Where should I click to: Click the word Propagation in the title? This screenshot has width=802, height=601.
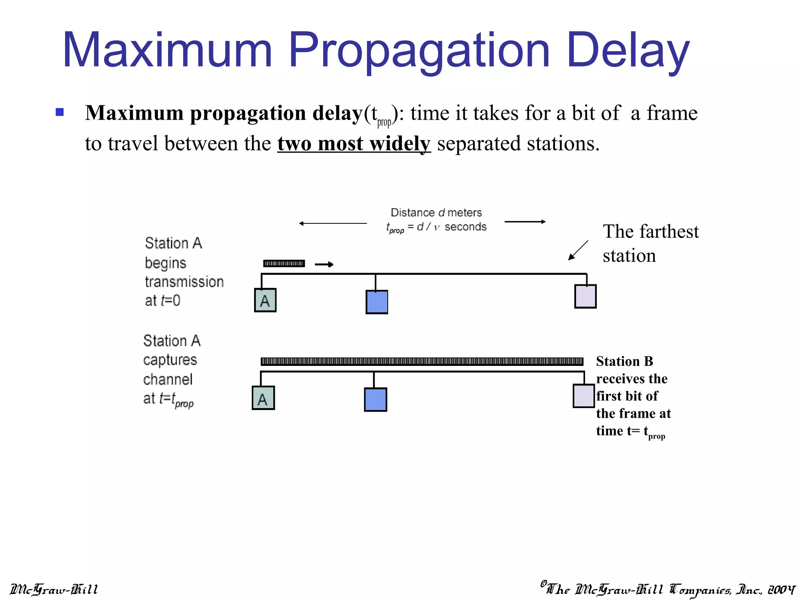(419, 51)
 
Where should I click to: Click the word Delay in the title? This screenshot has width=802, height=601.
(628, 51)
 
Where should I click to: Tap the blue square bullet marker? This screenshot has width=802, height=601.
(60, 112)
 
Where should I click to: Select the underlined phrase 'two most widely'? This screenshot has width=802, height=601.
(354, 144)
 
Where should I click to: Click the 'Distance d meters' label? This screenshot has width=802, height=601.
(436, 212)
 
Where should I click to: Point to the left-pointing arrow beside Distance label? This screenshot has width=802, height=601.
(333, 223)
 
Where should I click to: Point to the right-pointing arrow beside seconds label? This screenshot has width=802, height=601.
(525, 222)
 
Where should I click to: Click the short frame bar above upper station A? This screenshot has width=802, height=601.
(284, 264)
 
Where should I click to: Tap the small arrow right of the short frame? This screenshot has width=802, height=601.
(324, 265)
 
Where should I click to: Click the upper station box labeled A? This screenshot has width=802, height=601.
(265, 300)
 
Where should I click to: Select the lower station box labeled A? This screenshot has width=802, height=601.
(263, 398)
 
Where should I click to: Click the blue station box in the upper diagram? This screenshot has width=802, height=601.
(377, 302)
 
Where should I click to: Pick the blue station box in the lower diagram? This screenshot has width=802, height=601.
(376, 399)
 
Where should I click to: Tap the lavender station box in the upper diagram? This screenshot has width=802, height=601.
(585, 296)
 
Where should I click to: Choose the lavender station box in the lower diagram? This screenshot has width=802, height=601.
(584, 396)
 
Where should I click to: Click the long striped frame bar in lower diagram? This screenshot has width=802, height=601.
(422, 362)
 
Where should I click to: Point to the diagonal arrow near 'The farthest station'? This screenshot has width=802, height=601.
(578, 250)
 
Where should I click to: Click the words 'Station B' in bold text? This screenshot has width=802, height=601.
(625, 361)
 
